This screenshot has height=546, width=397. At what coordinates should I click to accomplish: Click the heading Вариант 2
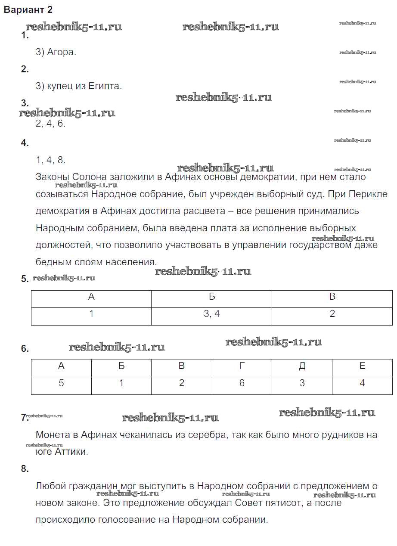pos(28,10)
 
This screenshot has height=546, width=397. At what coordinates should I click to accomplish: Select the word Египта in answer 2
pos(105,86)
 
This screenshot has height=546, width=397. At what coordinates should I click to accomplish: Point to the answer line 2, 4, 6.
pos(50,124)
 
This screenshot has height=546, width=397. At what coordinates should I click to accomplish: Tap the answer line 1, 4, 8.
pos(50,160)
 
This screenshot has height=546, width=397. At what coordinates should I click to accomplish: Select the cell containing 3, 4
pos(211,314)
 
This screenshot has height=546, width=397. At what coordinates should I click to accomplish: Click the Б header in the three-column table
pos(211,297)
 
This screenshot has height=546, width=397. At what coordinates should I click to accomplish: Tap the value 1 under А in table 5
pos(91,314)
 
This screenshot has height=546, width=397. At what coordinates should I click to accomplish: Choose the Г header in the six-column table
pos(242,366)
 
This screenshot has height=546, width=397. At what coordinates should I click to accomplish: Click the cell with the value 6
pos(242,383)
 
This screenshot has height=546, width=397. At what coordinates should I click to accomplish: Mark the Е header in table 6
pos(362,366)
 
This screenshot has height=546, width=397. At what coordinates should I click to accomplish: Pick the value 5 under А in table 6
pos(61,383)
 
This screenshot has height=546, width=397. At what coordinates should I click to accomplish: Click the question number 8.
pos(25,469)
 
